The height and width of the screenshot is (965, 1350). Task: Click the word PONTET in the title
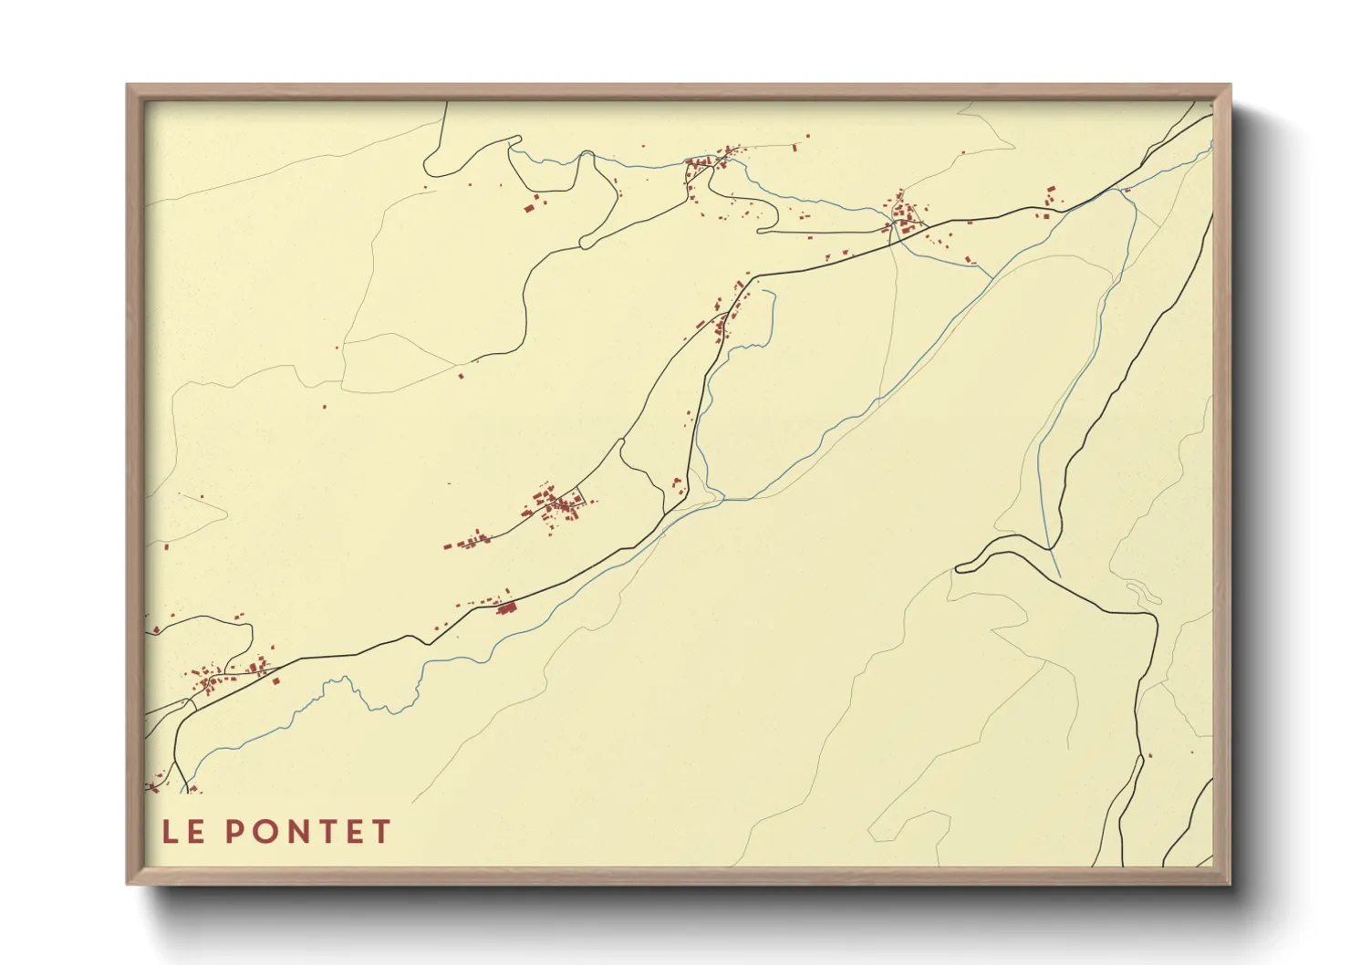[x=308, y=832]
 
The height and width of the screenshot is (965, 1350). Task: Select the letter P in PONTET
[x=234, y=832]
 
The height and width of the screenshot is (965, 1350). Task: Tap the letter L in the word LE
[x=169, y=832]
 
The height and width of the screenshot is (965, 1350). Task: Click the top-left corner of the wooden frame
[x=129, y=87]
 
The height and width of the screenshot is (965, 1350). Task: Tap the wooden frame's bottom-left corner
[x=129, y=882]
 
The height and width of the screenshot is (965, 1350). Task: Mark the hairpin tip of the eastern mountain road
[x=959, y=569]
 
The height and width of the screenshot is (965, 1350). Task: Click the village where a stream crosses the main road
[x=903, y=217]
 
